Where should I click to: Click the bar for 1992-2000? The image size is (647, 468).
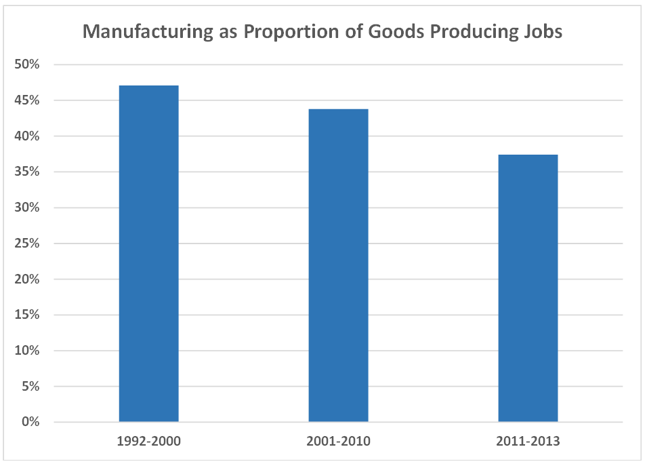point(148,254)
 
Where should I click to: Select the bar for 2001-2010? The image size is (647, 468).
point(338,265)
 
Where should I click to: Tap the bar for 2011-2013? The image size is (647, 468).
point(528,288)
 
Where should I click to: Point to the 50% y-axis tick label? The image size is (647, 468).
point(28,65)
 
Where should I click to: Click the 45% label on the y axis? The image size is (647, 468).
point(28,101)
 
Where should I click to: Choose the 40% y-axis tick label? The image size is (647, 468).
point(28,136)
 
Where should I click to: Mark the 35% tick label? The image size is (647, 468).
point(28,172)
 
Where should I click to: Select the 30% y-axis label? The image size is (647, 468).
point(28,208)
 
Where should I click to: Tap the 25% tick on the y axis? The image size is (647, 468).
point(28,243)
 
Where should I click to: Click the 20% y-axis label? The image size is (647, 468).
point(28,279)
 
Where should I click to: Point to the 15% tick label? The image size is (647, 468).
point(28,315)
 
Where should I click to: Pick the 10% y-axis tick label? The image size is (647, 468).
point(28,351)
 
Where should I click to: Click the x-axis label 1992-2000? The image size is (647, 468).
point(148,442)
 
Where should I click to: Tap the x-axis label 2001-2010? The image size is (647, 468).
point(338,442)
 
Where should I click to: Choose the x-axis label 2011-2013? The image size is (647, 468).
point(528,442)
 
